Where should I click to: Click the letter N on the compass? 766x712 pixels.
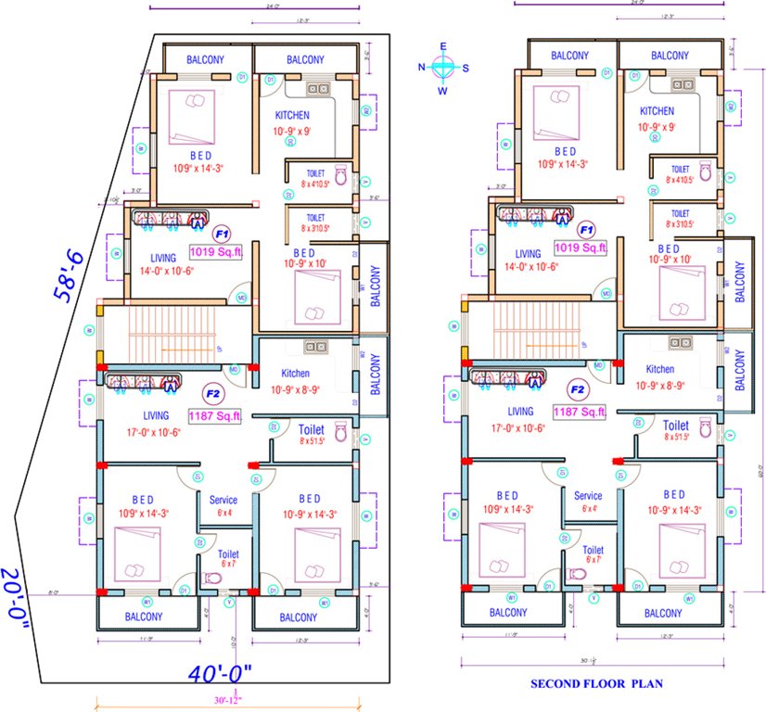tap(422, 67)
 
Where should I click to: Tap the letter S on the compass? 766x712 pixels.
tap(466, 67)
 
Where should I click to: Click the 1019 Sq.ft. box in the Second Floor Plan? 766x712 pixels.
tap(581, 248)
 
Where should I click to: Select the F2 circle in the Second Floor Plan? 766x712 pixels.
tap(578, 390)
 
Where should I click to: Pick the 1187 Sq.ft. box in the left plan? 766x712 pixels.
tap(215, 417)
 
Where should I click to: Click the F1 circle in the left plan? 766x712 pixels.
tap(221, 233)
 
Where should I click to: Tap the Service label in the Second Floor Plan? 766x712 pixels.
tap(588, 496)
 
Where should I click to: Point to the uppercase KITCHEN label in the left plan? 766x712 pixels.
tap(293, 115)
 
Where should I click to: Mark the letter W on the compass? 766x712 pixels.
tap(442, 91)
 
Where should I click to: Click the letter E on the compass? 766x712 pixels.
tap(443, 45)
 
